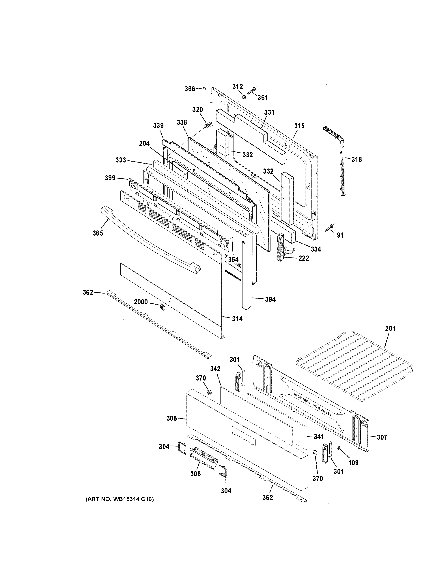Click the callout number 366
tap(190, 89)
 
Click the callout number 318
tap(356, 160)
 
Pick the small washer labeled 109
tap(339, 448)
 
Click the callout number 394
tap(270, 299)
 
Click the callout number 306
tap(171, 418)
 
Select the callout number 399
tap(110, 178)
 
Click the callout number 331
tap(269, 112)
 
